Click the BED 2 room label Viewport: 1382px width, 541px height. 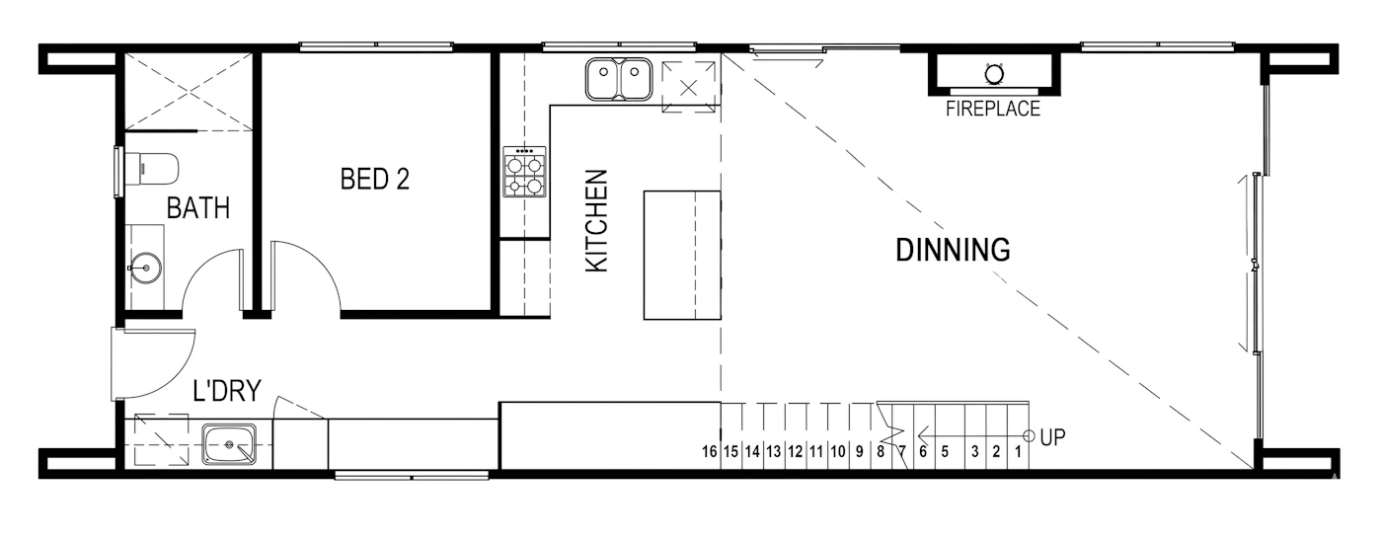pos(374,179)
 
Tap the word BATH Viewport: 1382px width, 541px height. pos(198,208)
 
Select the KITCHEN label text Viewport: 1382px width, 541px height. pos(596,221)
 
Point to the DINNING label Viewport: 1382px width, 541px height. pos(953,250)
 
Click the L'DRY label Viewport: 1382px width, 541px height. pos(227,391)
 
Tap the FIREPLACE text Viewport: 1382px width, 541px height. pos(993,110)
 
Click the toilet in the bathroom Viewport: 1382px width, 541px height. pos(152,169)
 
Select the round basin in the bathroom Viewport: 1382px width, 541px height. pos(146,268)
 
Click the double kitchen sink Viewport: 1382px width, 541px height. pos(618,79)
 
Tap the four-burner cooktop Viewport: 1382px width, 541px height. pos(524,172)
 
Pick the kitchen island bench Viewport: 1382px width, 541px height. pos(682,255)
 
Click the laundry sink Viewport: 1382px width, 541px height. pos(229,444)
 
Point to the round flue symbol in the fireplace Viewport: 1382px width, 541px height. pos(993,74)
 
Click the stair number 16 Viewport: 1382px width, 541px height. pos(709,451)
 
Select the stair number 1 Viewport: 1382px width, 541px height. pos(1018,451)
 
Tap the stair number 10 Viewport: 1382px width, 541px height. pos(837,451)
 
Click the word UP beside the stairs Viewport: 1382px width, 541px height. pos(1052,437)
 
